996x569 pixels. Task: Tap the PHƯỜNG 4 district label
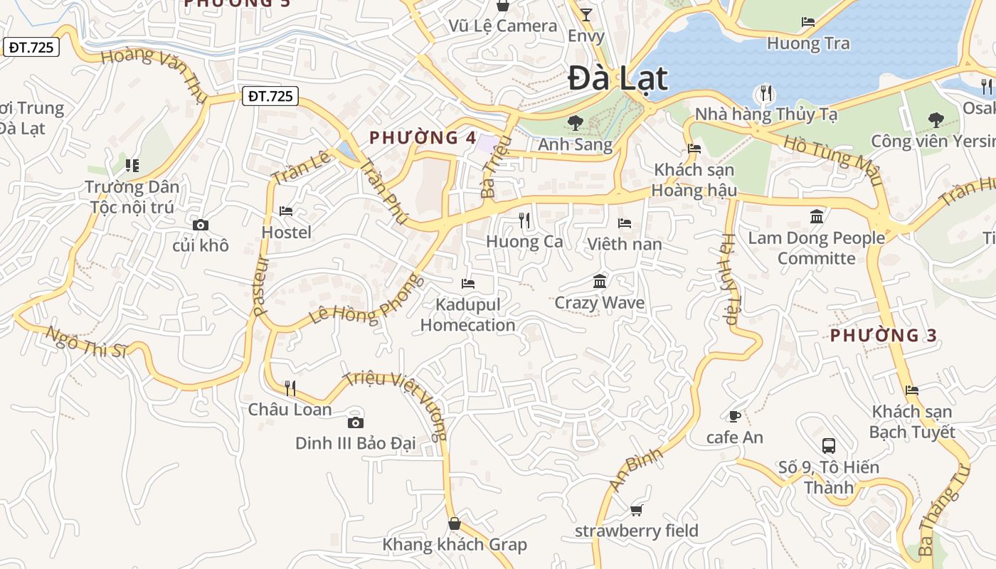pos(423,138)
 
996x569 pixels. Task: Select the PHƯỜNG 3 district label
pos(884,335)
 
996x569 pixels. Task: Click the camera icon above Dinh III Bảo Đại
pos(355,422)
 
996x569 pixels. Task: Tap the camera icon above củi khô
pos(201,225)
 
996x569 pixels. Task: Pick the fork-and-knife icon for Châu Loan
pos(290,388)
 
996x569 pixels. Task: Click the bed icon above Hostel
pos(286,211)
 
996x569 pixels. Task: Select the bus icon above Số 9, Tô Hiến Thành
pos(829,446)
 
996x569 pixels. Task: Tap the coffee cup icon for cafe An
pos(735,416)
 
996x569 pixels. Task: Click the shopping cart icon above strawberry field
pos(636,510)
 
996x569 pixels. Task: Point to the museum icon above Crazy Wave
pos(600,282)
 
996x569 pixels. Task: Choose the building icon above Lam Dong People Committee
pos(817,216)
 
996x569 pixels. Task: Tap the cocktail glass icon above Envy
pos(586,15)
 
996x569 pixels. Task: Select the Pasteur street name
pos(259,286)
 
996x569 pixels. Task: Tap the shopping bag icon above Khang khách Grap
pos(455,524)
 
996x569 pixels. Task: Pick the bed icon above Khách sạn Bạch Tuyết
pos(912,390)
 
